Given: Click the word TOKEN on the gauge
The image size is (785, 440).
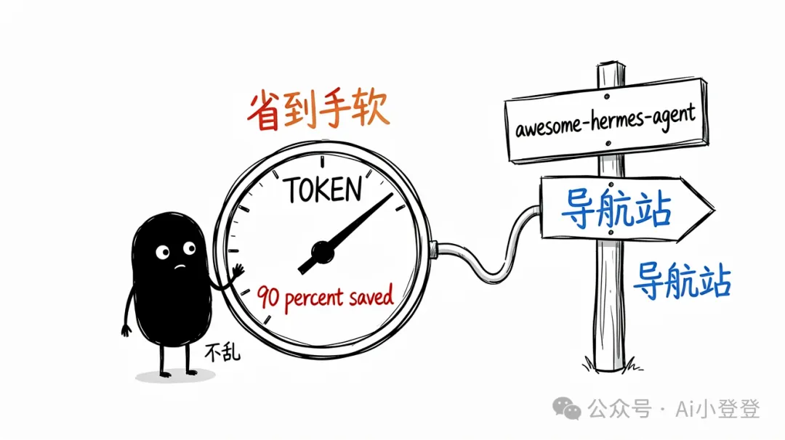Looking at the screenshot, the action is click(x=323, y=190).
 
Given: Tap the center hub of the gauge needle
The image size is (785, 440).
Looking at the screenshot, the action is click(x=322, y=253).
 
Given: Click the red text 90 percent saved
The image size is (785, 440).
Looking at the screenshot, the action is click(x=325, y=298).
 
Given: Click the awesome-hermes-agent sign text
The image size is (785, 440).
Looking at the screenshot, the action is click(x=605, y=121).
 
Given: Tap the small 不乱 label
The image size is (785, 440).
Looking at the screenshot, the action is click(x=222, y=352).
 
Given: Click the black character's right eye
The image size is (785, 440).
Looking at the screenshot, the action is click(x=189, y=248).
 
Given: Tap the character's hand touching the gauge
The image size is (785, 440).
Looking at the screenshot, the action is click(x=237, y=272).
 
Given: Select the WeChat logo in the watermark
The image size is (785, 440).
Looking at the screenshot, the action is click(x=567, y=408).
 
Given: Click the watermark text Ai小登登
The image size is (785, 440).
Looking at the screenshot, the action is click(x=717, y=409).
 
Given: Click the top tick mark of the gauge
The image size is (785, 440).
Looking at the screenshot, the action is click(x=322, y=161).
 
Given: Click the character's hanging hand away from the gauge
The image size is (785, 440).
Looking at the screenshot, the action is click(x=126, y=330).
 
